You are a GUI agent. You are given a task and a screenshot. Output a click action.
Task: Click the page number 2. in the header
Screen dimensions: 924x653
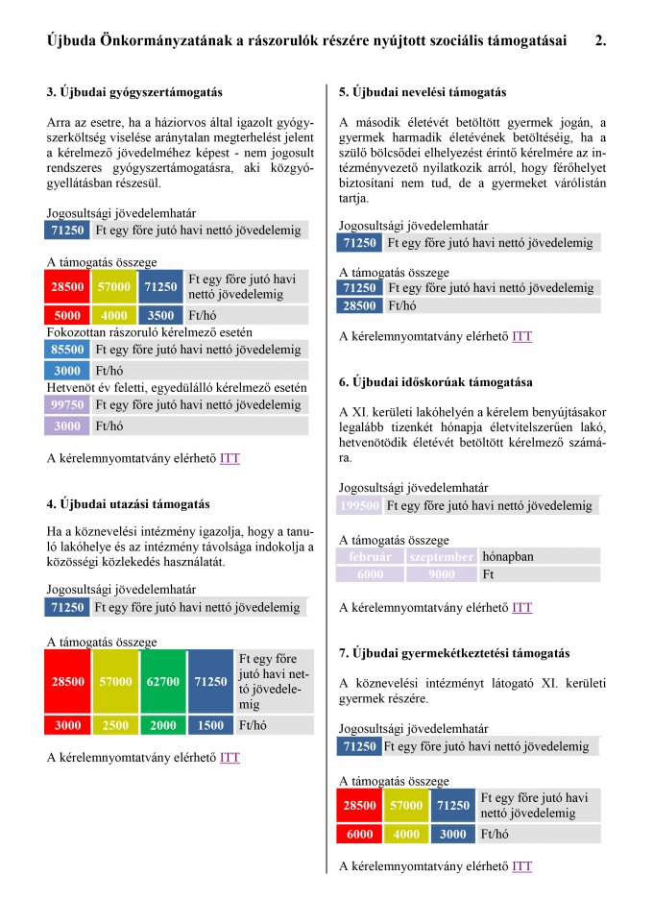pos(600,40)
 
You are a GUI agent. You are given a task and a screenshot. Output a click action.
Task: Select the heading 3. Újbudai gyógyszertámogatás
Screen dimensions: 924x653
pos(134,93)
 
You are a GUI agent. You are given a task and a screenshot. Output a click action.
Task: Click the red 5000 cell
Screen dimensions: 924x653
pos(68,315)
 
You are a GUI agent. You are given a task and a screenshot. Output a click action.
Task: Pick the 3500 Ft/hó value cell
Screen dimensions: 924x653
pos(161,315)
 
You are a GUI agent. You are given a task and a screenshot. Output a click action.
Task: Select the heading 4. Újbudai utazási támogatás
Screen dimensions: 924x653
pos(128,503)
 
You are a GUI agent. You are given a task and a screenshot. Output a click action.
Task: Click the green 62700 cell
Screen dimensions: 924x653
pos(163,682)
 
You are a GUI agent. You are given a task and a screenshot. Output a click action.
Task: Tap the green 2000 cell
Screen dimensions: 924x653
pos(163,726)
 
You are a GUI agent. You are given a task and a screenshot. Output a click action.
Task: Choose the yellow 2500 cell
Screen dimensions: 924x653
pos(115,726)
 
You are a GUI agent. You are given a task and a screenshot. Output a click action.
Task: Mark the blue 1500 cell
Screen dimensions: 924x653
pos(210,726)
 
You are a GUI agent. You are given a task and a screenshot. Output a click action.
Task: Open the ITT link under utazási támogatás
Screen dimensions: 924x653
pos(230,758)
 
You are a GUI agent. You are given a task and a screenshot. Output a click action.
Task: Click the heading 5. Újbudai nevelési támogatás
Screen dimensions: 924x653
pos(423,93)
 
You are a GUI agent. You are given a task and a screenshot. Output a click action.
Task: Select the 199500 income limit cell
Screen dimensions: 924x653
pos(360,506)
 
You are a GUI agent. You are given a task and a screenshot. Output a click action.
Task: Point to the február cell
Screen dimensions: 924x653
pos(370,556)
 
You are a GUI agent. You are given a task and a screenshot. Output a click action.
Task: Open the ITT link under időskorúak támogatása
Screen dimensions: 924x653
pos(521,608)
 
